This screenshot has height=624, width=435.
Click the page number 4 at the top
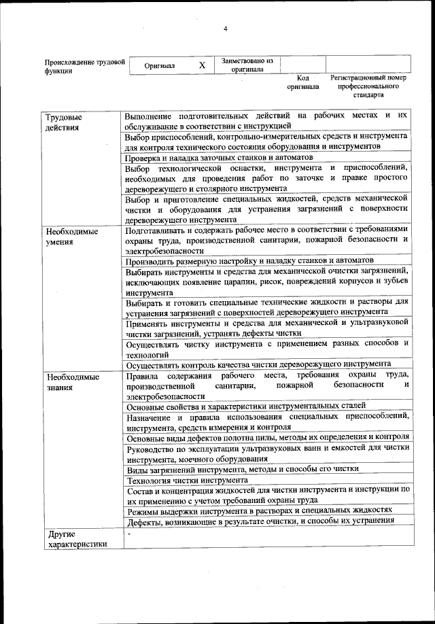tap(224, 28)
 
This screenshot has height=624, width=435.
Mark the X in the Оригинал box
tap(202, 66)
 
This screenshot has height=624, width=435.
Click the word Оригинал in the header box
tap(160, 66)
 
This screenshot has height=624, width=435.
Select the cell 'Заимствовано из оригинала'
tap(247, 65)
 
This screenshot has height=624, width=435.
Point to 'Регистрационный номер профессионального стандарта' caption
tap(368, 86)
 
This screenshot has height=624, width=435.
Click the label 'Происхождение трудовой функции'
tap(84, 66)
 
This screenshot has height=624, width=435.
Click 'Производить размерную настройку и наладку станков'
tap(249, 261)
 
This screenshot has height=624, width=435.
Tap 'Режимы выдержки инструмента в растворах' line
tap(260, 510)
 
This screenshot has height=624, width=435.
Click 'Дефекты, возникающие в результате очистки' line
tap(260, 521)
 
